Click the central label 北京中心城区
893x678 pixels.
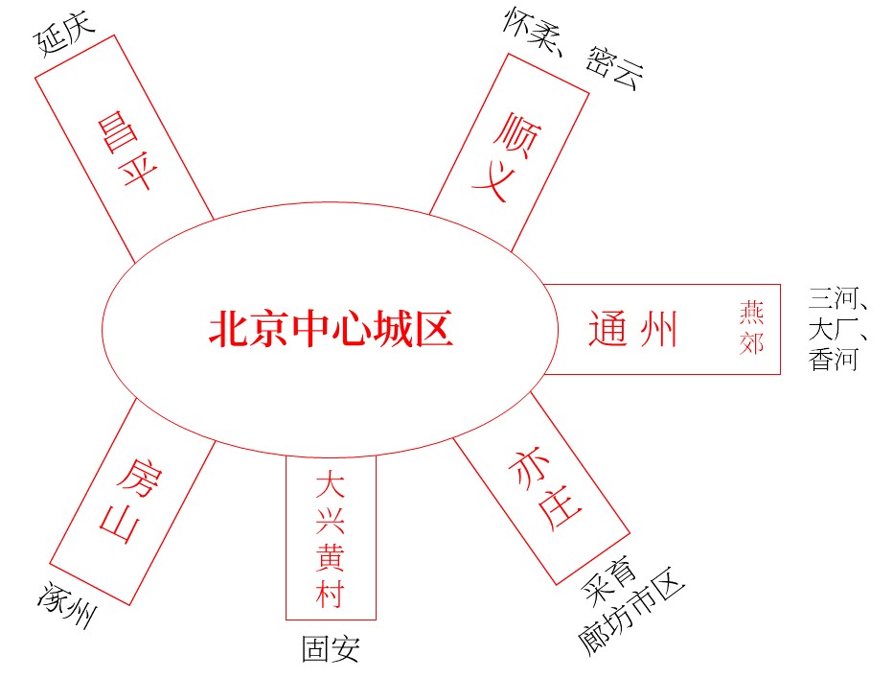tap(331, 329)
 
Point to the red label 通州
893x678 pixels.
tap(632, 329)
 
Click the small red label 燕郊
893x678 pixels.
tap(752, 327)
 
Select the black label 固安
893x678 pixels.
tap(331, 650)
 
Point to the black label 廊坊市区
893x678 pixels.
tap(633, 617)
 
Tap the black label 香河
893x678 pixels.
tap(833, 361)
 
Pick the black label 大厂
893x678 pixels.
tap(833, 330)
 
